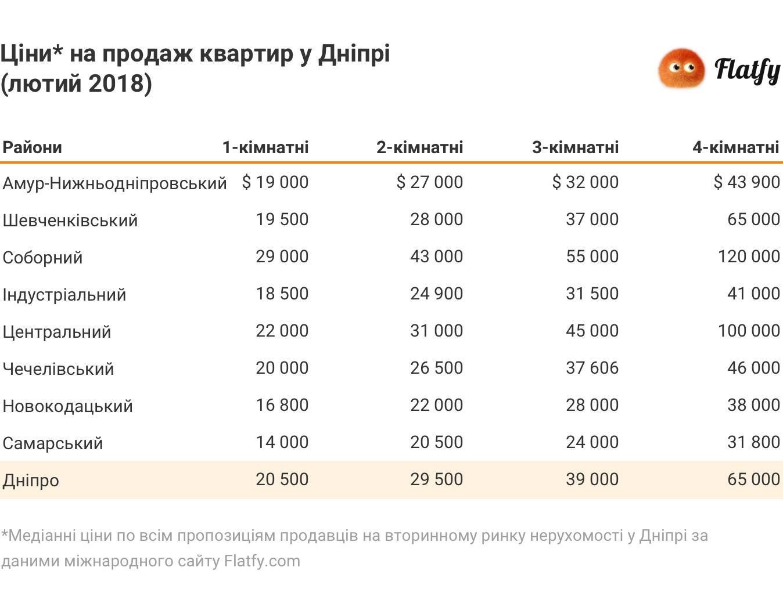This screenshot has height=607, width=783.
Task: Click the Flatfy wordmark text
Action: coord(747,70)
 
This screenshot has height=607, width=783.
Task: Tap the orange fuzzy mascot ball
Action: coord(681,68)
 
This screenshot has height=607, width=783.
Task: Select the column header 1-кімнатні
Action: coord(265,147)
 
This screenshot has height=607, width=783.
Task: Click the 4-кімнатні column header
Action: coord(735,147)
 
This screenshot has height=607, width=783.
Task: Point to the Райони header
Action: coord(33,147)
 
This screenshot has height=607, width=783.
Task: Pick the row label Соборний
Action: coord(42,258)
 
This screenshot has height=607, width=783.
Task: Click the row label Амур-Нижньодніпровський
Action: coord(114,183)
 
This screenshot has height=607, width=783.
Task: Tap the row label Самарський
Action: coord(53,443)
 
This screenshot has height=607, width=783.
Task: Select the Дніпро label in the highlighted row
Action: coord(31,480)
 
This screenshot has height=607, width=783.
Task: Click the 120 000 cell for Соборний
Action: coord(749,256)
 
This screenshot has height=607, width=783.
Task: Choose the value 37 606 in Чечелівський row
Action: coord(592,368)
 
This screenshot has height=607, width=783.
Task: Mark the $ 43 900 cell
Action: coord(746,182)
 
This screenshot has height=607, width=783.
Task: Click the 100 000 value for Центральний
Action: coord(749,331)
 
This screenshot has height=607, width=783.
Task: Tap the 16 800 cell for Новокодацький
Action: coord(282,405)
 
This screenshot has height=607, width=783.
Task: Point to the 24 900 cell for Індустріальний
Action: coord(436,294)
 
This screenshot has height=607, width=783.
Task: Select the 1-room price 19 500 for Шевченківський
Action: coord(282,219)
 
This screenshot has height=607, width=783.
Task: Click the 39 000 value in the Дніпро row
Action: coord(592,479)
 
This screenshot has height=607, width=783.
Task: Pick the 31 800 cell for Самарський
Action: coord(753,442)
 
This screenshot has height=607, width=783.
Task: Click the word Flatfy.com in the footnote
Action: coord(262,561)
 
